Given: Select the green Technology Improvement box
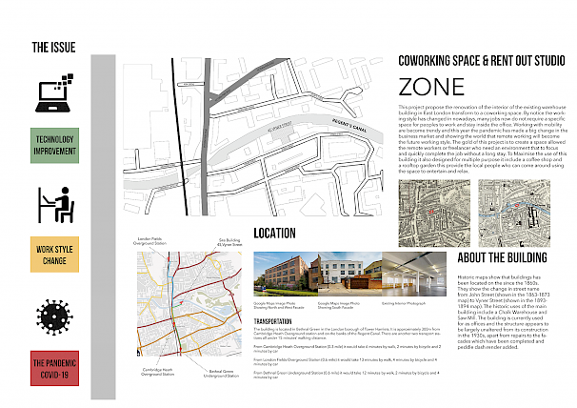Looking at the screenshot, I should pos(54,145).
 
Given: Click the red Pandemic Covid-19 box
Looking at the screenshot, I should pos(54,368).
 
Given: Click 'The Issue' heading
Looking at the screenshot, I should pos(54,47).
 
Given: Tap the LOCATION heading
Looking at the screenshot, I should pos(281,233).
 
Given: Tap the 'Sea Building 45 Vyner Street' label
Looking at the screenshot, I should pos(229,242).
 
